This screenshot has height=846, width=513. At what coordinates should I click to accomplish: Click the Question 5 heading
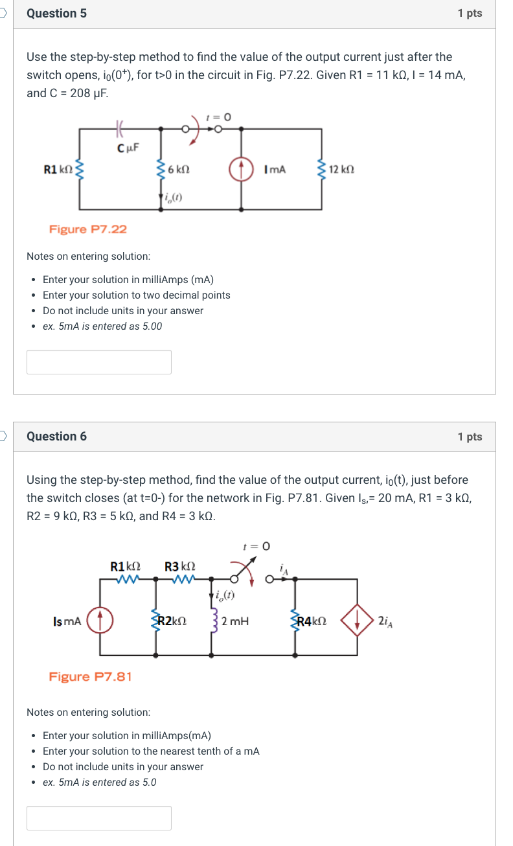point(56,14)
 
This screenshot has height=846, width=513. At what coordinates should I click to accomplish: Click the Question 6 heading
point(56,437)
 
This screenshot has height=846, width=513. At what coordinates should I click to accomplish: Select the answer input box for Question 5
point(99,362)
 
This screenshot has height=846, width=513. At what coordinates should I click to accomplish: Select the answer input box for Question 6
point(99,818)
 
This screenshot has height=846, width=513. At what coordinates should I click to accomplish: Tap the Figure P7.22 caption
point(88,229)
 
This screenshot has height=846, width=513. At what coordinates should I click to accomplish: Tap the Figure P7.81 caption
point(91,677)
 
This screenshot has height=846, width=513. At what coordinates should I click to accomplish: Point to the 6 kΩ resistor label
point(178,169)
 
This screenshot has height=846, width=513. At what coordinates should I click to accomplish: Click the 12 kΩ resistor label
point(341,169)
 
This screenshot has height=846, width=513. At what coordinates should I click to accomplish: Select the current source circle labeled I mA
point(242,169)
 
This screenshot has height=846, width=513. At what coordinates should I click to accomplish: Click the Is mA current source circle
point(100,621)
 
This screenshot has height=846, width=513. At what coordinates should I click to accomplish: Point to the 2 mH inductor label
point(234,621)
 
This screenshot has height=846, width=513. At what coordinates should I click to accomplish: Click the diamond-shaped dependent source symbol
point(356,621)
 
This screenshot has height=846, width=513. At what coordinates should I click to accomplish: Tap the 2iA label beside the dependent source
point(384,621)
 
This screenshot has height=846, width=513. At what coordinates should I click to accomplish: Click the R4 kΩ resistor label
point(312,621)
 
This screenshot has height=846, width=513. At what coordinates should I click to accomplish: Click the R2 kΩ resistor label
point(172,621)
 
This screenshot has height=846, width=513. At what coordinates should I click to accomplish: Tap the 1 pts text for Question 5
point(470,14)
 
